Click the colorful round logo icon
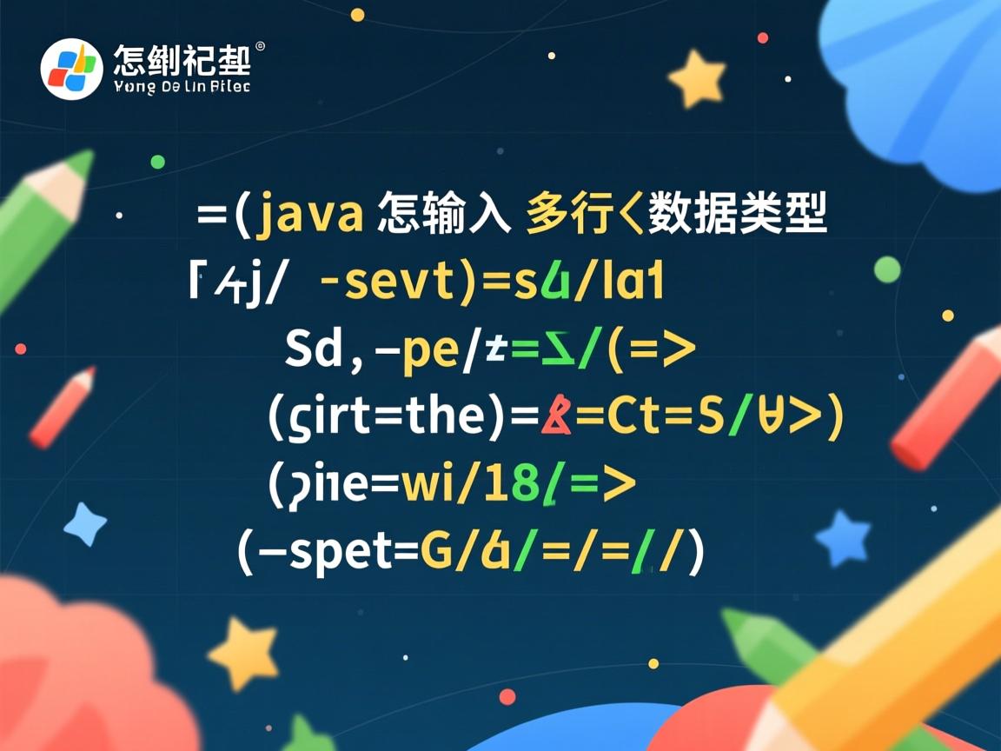[72, 69]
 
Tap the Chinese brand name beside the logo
[182, 59]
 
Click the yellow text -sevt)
[396, 284]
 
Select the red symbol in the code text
[557, 418]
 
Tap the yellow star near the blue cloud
[697, 79]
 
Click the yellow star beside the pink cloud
[242, 654]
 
